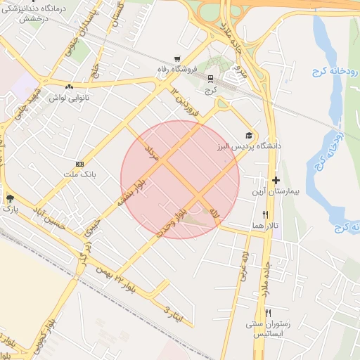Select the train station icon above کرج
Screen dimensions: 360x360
coord(209,79)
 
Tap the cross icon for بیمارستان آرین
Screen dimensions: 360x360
coord(276,181)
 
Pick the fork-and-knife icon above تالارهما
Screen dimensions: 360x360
coord(265,214)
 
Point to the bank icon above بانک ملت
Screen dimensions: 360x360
coord(89,162)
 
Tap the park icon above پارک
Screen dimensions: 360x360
coord(10,198)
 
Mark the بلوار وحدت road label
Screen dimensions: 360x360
coord(174,221)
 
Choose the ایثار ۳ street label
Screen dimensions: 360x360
coord(173,314)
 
